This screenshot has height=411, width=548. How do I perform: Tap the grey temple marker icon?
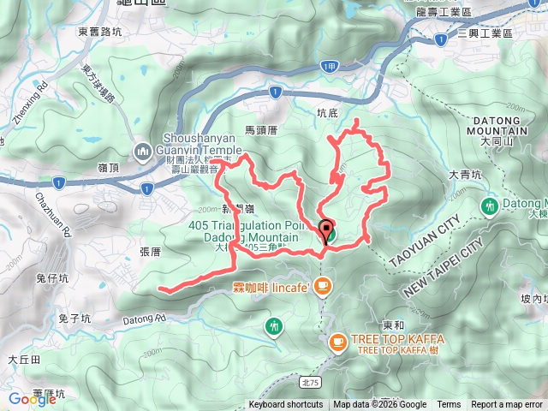click(142, 152)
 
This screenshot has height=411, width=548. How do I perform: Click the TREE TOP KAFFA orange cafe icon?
click(337, 342)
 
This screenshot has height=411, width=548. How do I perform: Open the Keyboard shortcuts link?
click(286, 405)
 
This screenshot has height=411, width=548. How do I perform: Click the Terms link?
click(449, 405)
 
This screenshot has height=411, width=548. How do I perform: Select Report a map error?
click(507, 405)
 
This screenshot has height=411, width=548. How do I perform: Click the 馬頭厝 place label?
click(262, 130)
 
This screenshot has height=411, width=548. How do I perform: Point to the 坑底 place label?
click(327, 112)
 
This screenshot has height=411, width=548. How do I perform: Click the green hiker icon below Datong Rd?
click(273, 325)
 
